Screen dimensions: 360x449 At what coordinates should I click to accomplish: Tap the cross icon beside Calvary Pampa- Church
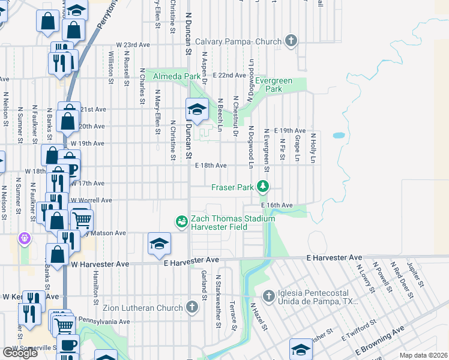click(291, 41)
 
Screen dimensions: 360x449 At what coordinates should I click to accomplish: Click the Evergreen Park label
click(268, 85)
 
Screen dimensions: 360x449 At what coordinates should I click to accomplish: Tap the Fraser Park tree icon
click(262, 187)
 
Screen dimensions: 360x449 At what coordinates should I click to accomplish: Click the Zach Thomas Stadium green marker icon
click(182, 222)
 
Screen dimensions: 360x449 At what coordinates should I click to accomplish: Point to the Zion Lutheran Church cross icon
click(192, 308)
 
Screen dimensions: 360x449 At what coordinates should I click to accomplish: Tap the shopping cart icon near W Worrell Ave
click(82, 219)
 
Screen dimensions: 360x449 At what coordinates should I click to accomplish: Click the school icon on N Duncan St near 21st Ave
click(197, 110)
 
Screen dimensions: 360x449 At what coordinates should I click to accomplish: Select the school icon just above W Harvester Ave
click(159, 244)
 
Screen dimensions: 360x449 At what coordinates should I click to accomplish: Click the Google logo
click(20, 352)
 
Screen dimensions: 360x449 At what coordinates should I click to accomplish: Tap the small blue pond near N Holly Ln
click(338, 136)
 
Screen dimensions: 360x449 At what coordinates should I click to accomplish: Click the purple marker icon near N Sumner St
click(24, 239)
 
